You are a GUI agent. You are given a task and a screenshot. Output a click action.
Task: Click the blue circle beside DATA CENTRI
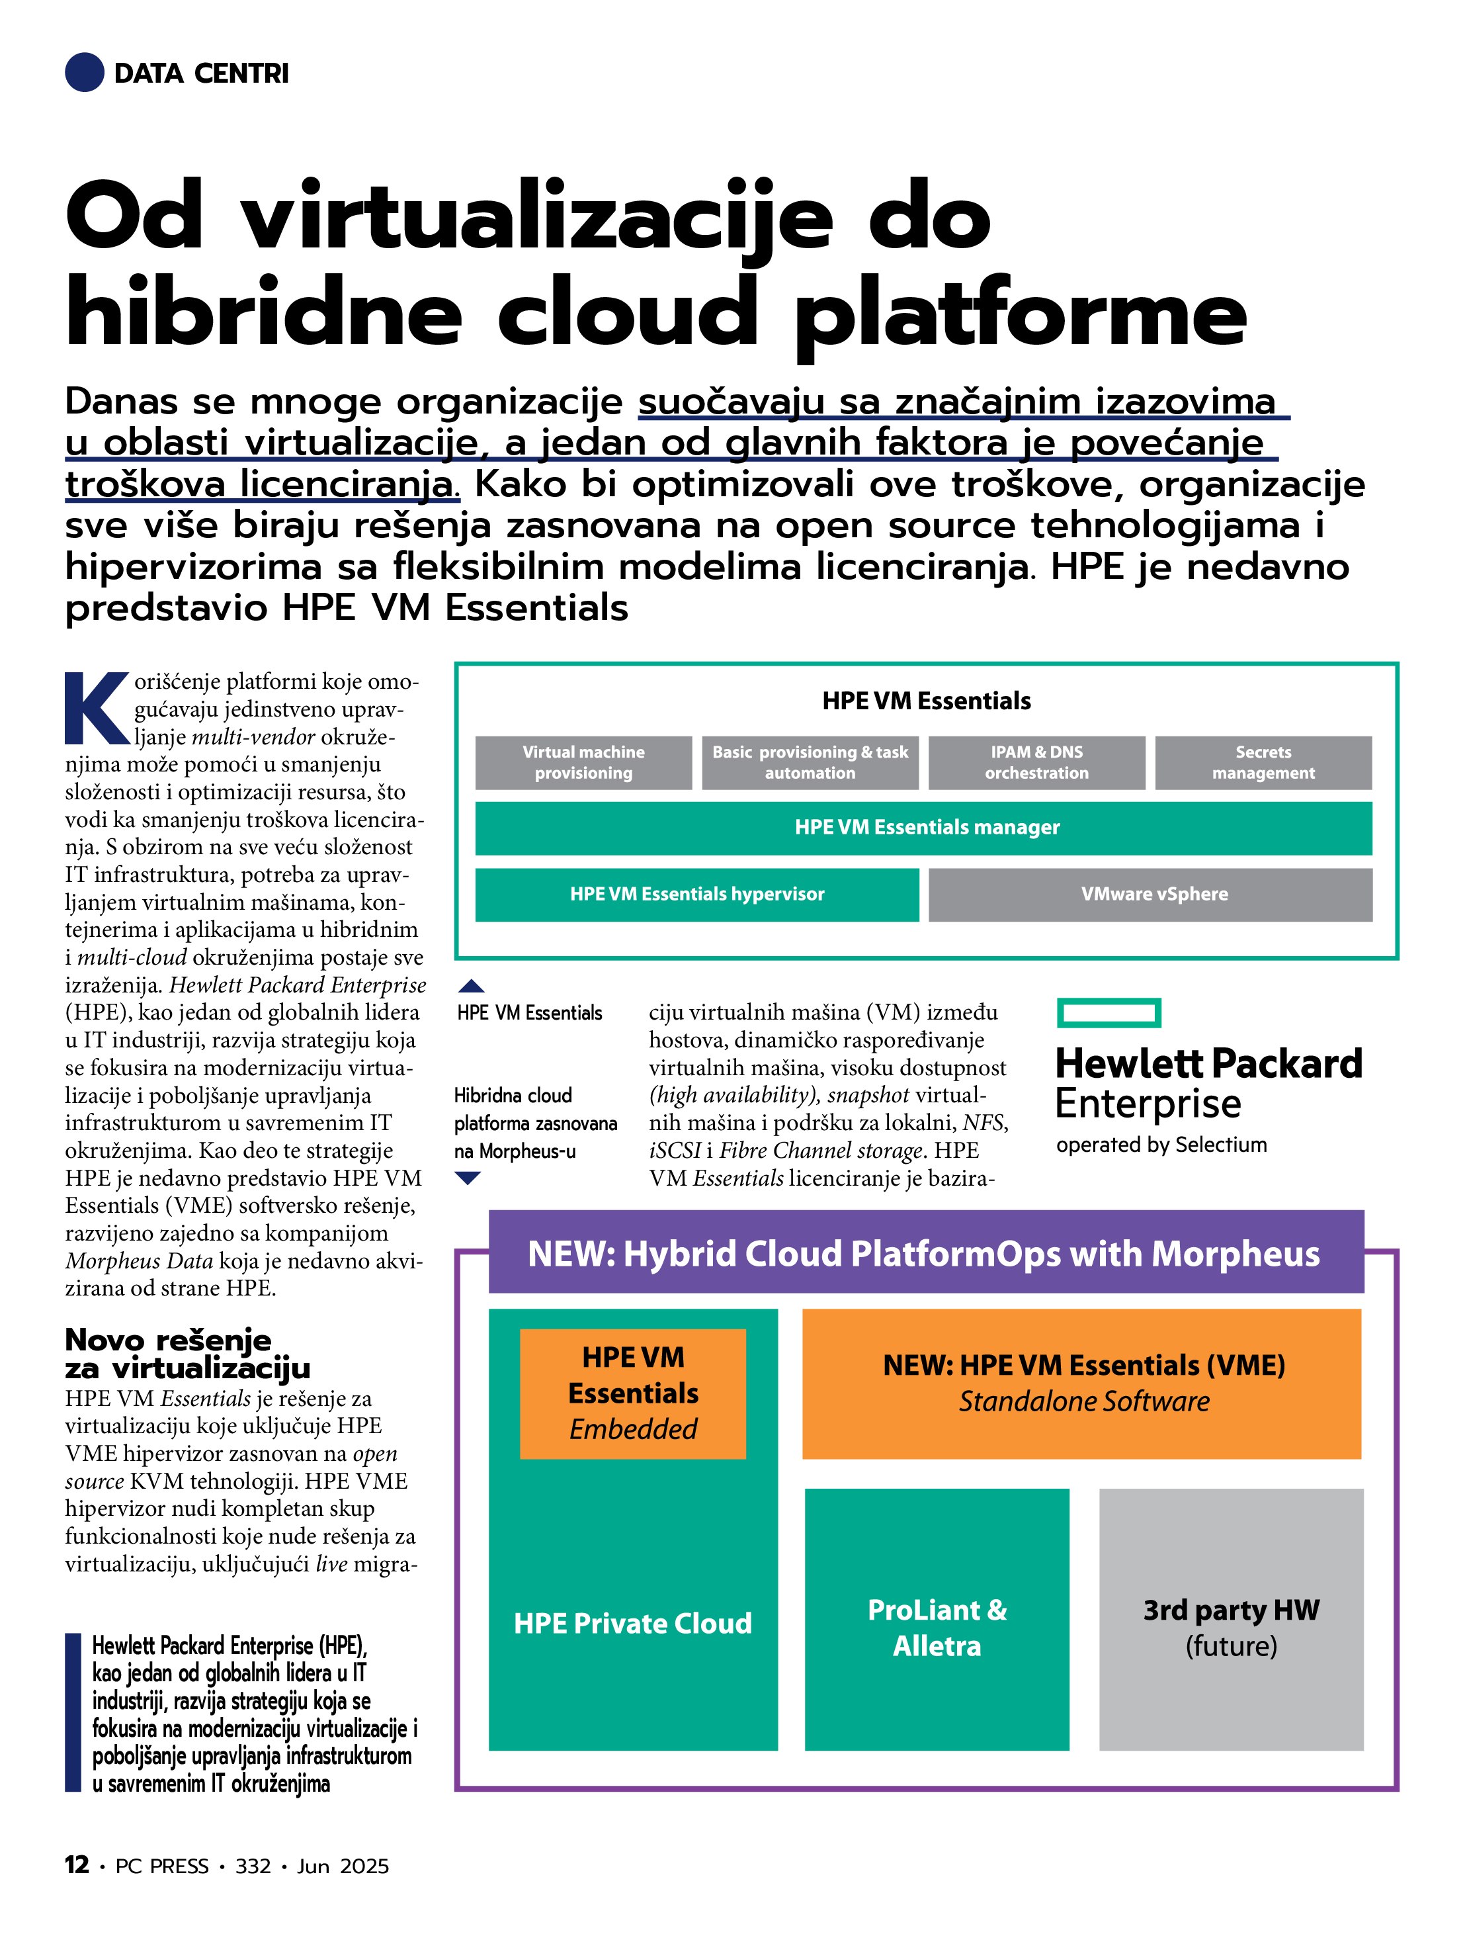[x=85, y=73]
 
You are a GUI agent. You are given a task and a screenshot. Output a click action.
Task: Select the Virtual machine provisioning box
[x=583, y=762]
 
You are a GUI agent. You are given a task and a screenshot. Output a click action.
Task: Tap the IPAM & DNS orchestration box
[x=1036, y=762]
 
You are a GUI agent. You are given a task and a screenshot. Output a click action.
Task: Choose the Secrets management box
[x=1263, y=762]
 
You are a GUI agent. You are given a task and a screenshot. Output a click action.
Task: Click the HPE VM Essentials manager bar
[x=923, y=827]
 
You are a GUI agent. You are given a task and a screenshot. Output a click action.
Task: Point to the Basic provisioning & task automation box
[x=810, y=762]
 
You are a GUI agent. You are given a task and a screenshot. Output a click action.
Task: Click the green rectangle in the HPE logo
[x=1109, y=1012]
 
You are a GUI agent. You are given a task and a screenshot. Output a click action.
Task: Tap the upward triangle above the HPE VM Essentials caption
[x=471, y=987]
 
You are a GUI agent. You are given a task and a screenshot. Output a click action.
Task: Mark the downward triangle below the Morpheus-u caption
[x=468, y=1178]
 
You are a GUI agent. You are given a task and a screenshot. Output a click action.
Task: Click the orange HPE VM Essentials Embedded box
[x=633, y=1393]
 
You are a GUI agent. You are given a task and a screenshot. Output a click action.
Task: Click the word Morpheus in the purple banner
[x=1235, y=1254]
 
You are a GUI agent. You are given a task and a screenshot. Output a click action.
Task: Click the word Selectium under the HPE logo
[x=1220, y=1145]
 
